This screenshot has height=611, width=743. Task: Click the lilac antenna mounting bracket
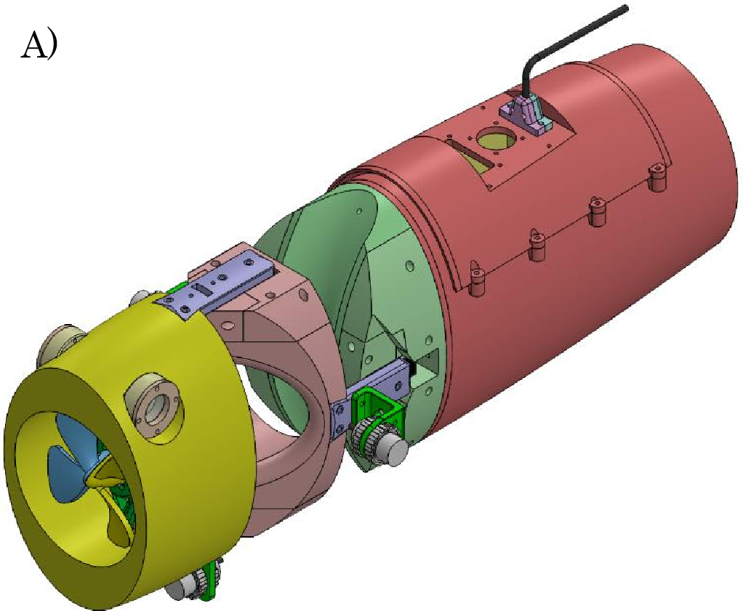click(x=525, y=113)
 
